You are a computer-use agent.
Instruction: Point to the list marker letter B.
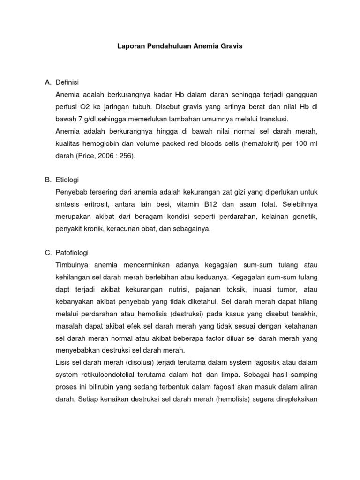[48, 180]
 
